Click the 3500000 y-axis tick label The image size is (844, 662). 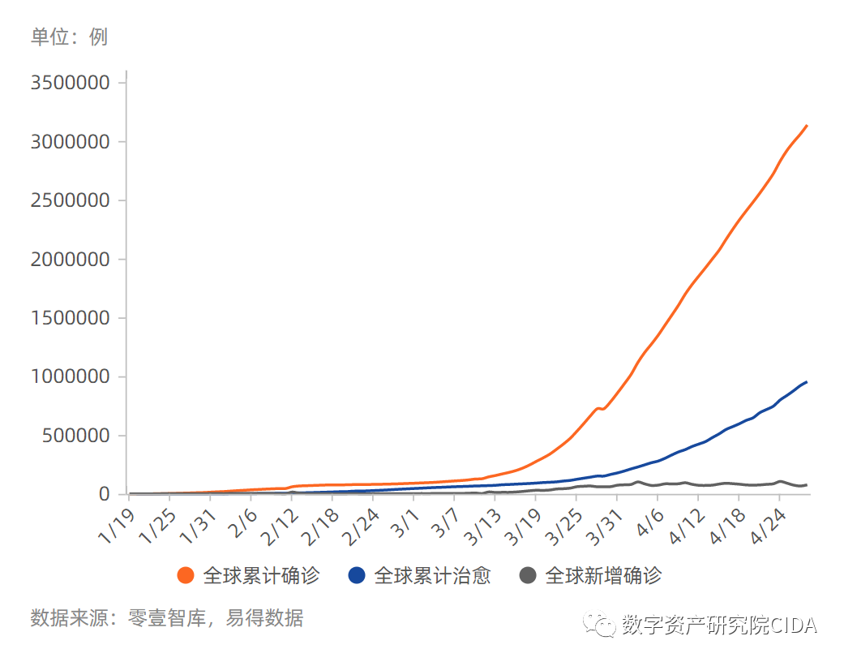tap(69, 84)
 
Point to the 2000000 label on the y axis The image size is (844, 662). tap(69, 260)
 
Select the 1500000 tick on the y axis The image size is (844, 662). tap(69, 318)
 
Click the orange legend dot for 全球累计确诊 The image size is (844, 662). tap(186, 576)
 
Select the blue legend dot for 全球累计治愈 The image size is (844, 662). tap(357, 576)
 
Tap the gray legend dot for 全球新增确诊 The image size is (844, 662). tap(528, 576)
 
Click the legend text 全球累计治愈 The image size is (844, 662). tap(432, 576)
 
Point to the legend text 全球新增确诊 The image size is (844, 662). tap(603, 576)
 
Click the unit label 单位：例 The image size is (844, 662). tap(69, 37)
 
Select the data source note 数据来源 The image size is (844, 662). tap(166, 618)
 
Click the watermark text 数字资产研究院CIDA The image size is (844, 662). tap(719, 625)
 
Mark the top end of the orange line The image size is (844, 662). tap(806, 126)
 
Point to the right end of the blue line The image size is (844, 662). tap(806, 382)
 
